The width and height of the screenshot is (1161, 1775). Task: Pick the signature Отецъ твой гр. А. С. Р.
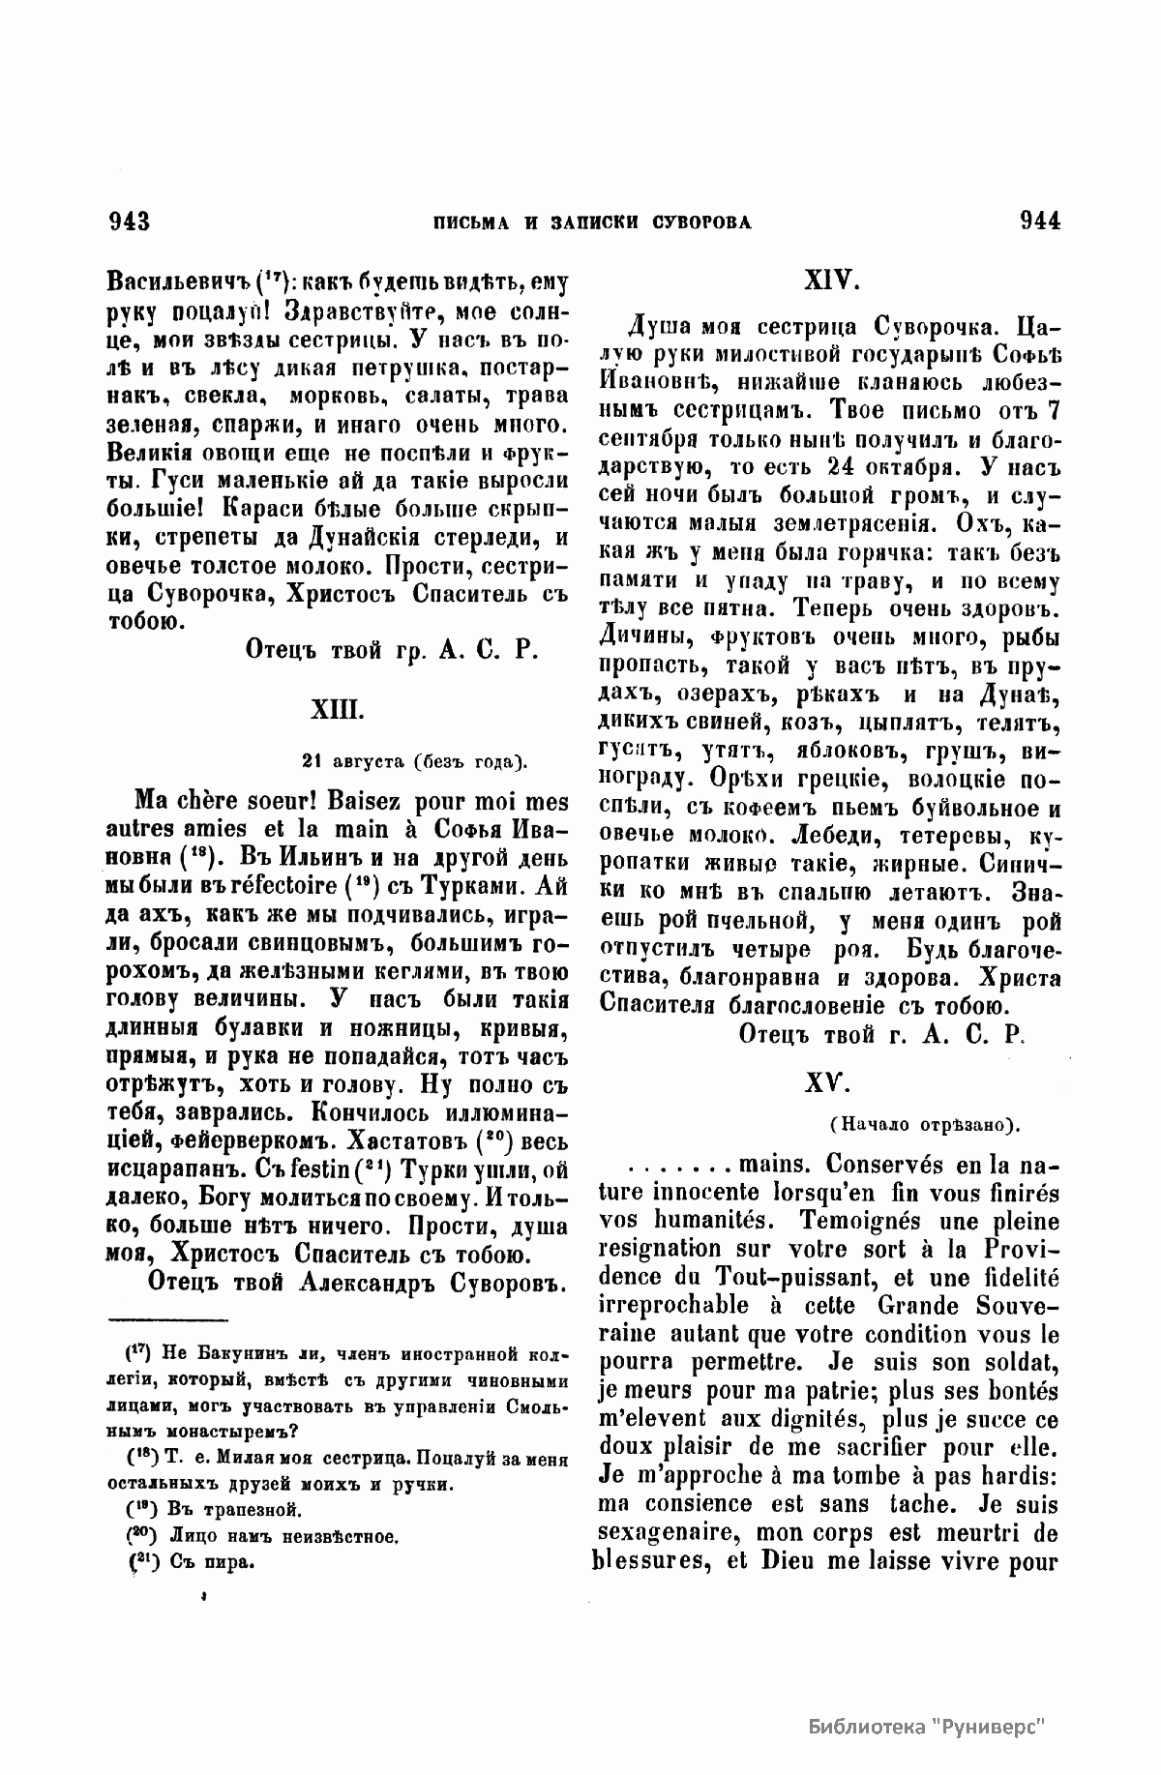pos(391,651)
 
